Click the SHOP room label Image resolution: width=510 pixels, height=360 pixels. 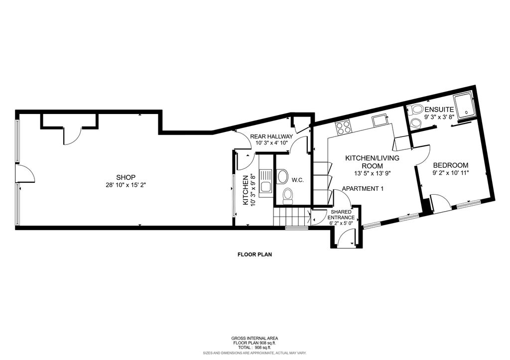click(126, 177)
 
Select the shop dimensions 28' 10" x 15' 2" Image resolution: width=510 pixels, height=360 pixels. click(126, 185)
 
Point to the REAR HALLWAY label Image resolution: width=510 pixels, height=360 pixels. click(271, 136)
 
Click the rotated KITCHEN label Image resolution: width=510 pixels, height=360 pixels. click(245, 190)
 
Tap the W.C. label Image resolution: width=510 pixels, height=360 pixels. click(298, 180)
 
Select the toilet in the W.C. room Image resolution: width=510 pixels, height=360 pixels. click(287, 196)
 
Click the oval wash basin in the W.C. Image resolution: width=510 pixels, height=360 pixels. click(282, 176)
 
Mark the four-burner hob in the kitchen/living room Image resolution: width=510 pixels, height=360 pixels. click(344, 127)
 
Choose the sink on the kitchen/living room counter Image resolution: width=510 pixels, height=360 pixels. click(381, 120)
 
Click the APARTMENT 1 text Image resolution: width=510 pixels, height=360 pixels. click(363, 189)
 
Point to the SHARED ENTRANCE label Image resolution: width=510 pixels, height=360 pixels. click(342, 215)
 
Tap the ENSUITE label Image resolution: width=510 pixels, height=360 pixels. click(439, 110)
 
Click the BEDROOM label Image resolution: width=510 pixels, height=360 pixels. click(450, 165)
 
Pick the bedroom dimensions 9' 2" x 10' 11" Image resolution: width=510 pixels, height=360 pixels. click(450, 173)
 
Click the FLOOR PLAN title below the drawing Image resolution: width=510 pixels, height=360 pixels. click(254, 254)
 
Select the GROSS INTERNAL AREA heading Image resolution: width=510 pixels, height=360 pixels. click(254, 338)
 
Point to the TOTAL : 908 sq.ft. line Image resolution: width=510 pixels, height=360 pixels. click(254, 347)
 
